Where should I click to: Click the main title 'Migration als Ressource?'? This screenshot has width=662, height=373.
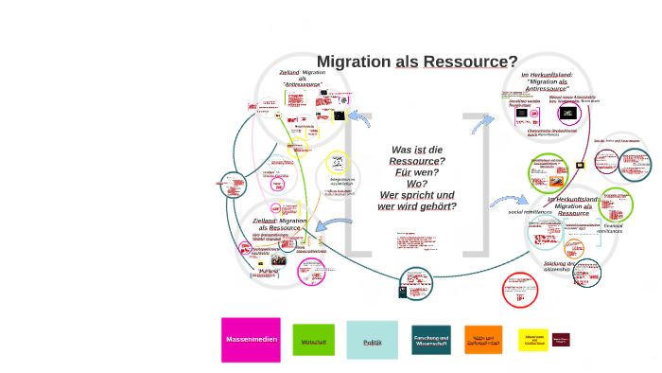pos(416,62)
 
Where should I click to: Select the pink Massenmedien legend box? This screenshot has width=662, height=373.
pos(251,339)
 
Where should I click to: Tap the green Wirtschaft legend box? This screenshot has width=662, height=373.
pos(313,340)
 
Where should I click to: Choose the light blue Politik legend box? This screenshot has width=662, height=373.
pos(372,340)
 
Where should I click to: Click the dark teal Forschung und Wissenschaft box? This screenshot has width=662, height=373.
pos(431,340)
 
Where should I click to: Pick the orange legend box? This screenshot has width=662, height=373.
pos(483,340)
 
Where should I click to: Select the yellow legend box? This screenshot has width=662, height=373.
pos(532,340)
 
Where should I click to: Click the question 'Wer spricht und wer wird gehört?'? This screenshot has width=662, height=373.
pos(417,201)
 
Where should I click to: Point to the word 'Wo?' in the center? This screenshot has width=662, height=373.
pos(417,184)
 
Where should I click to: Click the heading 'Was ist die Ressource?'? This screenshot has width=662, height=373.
pos(417,155)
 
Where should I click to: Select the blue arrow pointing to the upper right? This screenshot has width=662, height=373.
pos(482,123)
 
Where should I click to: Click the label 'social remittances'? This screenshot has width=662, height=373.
pos(530,212)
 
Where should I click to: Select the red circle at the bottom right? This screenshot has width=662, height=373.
pos(519,290)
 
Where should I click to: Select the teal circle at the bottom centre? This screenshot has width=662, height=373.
pos(416,283)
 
